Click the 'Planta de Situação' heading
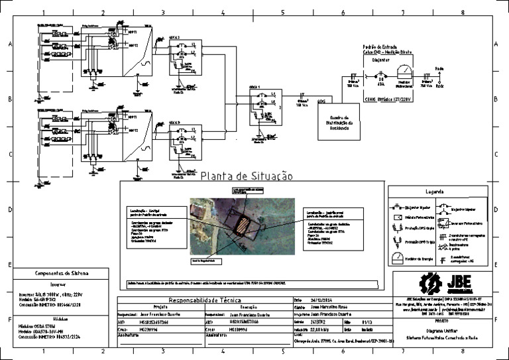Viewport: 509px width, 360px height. tap(246, 176)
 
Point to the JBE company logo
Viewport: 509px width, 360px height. tap(446, 283)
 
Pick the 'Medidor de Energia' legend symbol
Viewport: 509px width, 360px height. tap(397, 259)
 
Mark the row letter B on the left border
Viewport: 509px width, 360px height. tap(9, 99)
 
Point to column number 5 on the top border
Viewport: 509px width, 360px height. tap(282, 12)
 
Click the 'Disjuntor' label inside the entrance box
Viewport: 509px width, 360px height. tap(381, 60)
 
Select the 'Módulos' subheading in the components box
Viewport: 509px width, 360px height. tap(62, 318)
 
